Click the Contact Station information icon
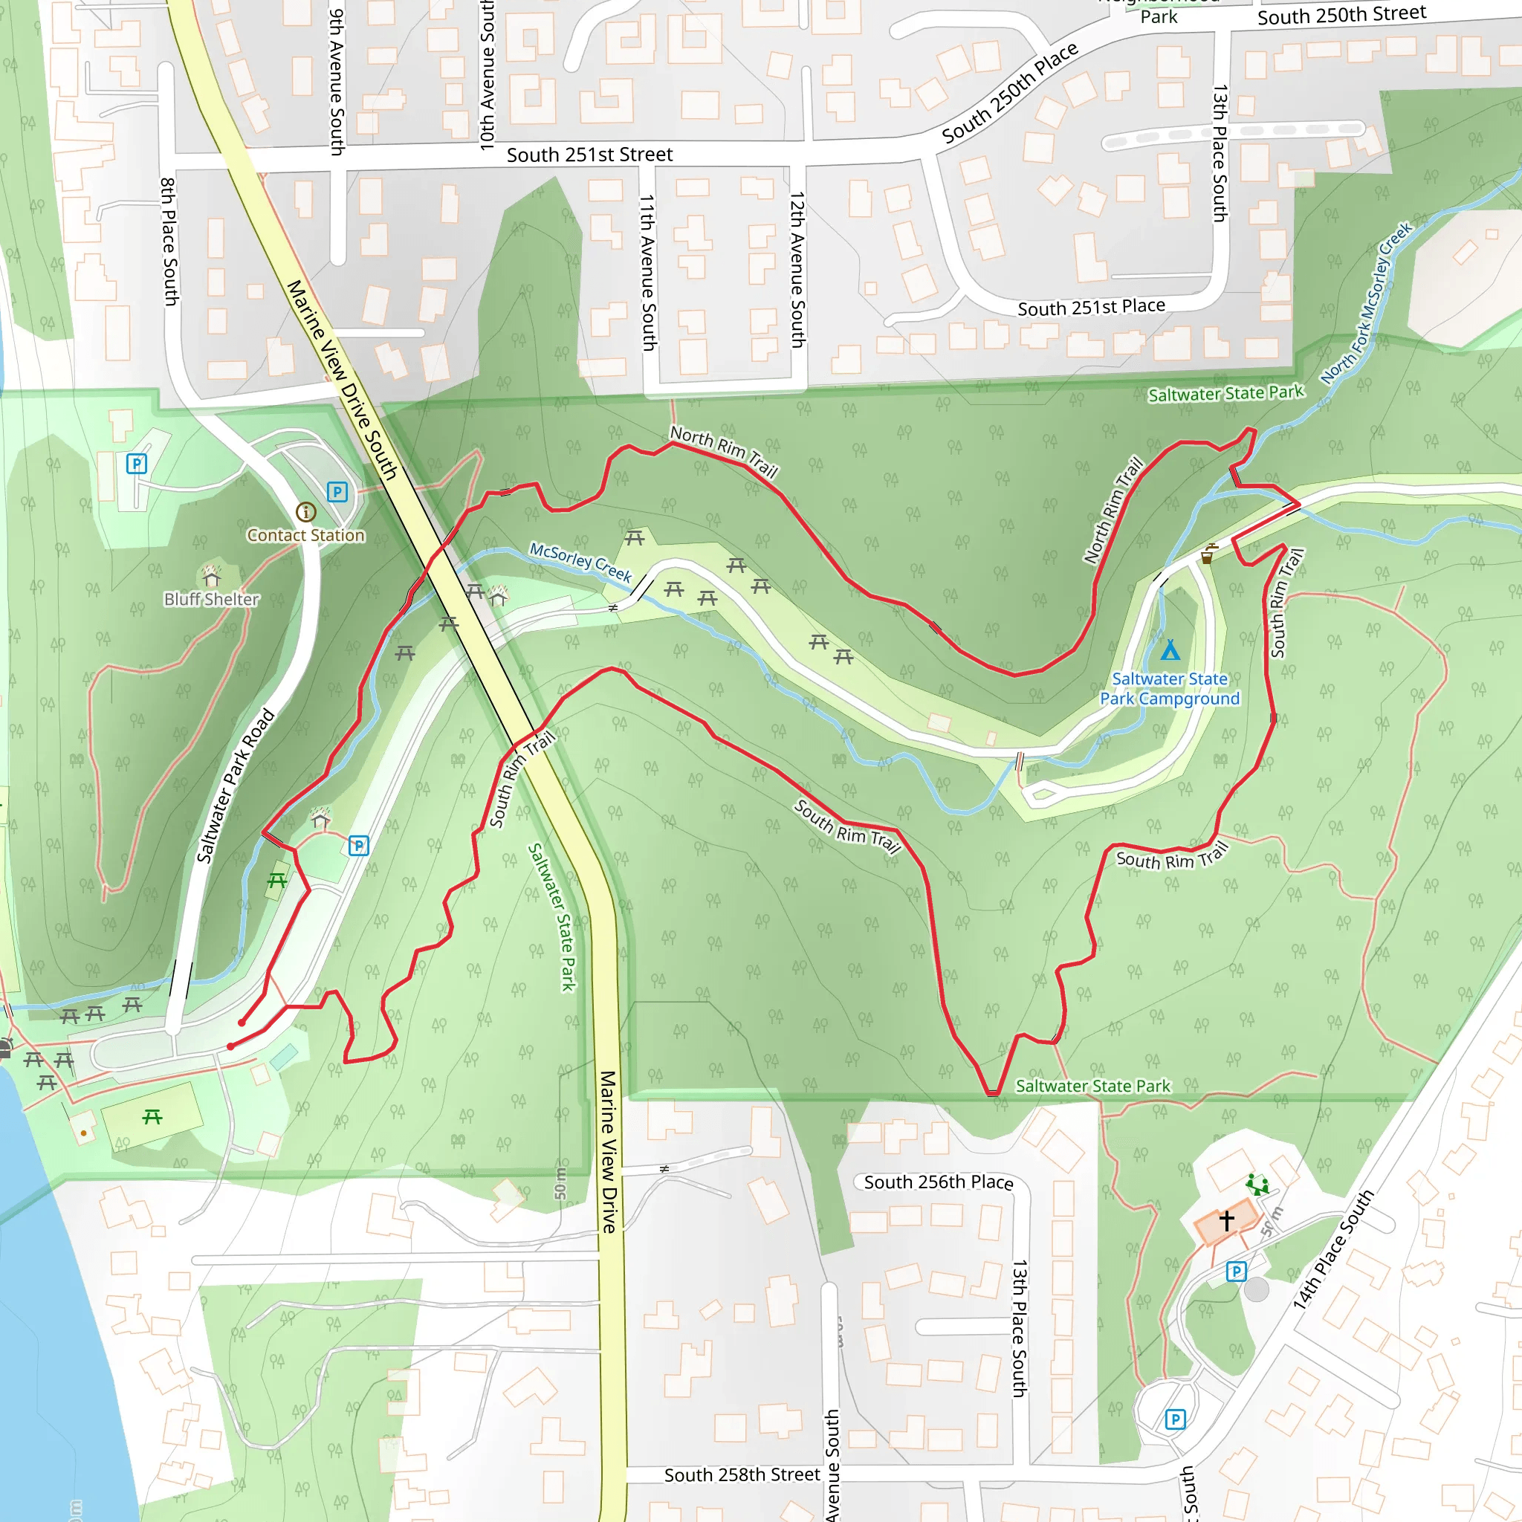pos(305,512)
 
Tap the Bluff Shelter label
pos(211,600)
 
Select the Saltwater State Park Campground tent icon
pos(1170,650)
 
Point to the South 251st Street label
pos(589,155)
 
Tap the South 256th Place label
pos(939,1182)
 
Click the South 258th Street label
pos(742,1474)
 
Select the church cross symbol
pos(1226,1220)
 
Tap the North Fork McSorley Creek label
pos(1367,303)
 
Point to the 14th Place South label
pos(1333,1250)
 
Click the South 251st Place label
pos(1091,307)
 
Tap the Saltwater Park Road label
pos(235,786)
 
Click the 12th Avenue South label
pos(797,270)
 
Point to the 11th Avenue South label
pos(647,273)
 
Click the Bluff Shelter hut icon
pos(211,575)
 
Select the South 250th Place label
pos(1010,94)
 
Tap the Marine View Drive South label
pos(341,380)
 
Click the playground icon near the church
pos(1257,1185)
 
